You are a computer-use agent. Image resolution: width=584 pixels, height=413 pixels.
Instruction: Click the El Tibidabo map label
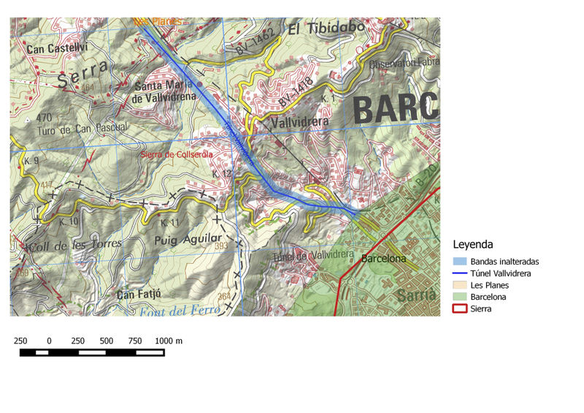[x=326, y=29]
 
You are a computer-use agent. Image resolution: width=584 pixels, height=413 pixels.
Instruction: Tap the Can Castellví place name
[x=57, y=49]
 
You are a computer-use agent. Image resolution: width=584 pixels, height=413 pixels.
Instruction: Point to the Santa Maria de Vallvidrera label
[x=165, y=91]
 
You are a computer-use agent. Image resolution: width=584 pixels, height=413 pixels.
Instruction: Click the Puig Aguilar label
[x=188, y=239]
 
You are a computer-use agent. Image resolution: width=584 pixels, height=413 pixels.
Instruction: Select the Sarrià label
[x=417, y=296]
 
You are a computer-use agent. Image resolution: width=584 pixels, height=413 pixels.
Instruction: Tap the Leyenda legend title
[x=473, y=244]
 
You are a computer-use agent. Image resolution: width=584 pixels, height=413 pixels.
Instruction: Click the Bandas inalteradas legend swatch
[x=459, y=261]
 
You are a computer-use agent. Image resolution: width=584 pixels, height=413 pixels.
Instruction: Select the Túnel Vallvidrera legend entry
[x=500, y=273]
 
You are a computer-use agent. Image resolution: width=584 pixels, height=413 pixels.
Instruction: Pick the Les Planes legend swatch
[x=459, y=285]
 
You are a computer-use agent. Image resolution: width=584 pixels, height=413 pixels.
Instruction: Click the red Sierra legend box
[x=459, y=308]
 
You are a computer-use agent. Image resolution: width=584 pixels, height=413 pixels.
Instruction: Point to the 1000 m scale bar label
[x=168, y=341]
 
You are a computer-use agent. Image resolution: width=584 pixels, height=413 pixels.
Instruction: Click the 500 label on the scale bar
[x=107, y=341]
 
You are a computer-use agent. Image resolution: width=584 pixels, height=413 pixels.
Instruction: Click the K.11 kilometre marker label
[x=169, y=222]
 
